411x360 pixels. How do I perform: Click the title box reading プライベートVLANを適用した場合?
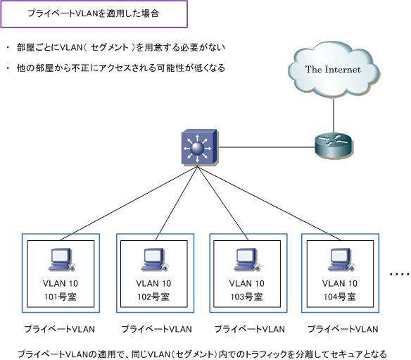click(x=94, y=14)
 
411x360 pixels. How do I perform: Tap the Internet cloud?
click(x=334, y=70)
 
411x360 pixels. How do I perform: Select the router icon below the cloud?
click(x=334, y=146)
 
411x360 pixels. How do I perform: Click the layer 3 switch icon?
click(x=200, y=147)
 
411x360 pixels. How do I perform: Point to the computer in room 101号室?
click(x=61, y=260)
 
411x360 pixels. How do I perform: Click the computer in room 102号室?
click(x=154, y=260)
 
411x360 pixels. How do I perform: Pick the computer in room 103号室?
click(x=248, y=260)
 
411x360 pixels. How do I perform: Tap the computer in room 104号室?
click(x=341, y=260)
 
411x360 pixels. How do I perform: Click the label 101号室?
click(x=61, y=297)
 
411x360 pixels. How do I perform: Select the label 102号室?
click(x=153, y=297)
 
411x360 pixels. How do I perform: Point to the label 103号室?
click(x=246, y=297)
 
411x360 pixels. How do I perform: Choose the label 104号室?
click(x=340, y=297)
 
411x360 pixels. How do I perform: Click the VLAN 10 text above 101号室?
click(x=61, y=283)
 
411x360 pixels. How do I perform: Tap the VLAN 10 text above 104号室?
click(x=340, y=283)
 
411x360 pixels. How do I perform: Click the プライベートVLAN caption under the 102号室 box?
click(x=156, y=329)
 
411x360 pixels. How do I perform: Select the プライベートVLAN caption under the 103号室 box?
click(x=250, y=329)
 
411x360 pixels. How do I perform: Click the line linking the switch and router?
click(x=267, y=147)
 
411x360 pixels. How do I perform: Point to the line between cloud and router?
click(x=334, y=116)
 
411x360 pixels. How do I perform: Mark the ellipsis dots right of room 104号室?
click(x=399, y=275)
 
